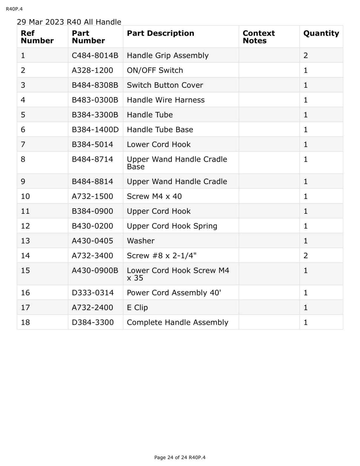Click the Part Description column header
pyautogui.click(x=160, y=33)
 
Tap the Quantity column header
pyautogui.click(x=321, y=33)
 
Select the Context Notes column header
pyautogui.click(x=258, y=37)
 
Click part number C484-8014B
pyautogui.click(x=95, y=56)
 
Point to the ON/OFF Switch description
pyautogui.click(x=155, y=70)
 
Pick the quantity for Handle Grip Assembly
pyautogui.click(x=306, y=56)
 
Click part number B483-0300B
pyautogui.click(x=95, y=100)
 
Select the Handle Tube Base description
pyautogui.click(x=160, y=130)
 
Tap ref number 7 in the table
pyautogui.click(x=23, y=145)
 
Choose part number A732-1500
pyautogui.click(x=92, y=197)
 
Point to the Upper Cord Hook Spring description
pyautogui.click(x=172, y=226)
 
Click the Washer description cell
pyautogui.click(x=141, y=241)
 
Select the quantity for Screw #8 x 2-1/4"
pyautogui.click(x=306, y=256)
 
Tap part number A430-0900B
pyautogui.click(x=95, y=271)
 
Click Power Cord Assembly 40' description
pyautogui.click(x=174, y=293)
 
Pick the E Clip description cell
pyautogui.click(x=137, y=308)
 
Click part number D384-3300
pyautogui.click(x=93, y=323)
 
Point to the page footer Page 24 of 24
pyautogui.click(x=170, y=458)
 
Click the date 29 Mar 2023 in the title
pyautogui.click(x=40, y=22)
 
